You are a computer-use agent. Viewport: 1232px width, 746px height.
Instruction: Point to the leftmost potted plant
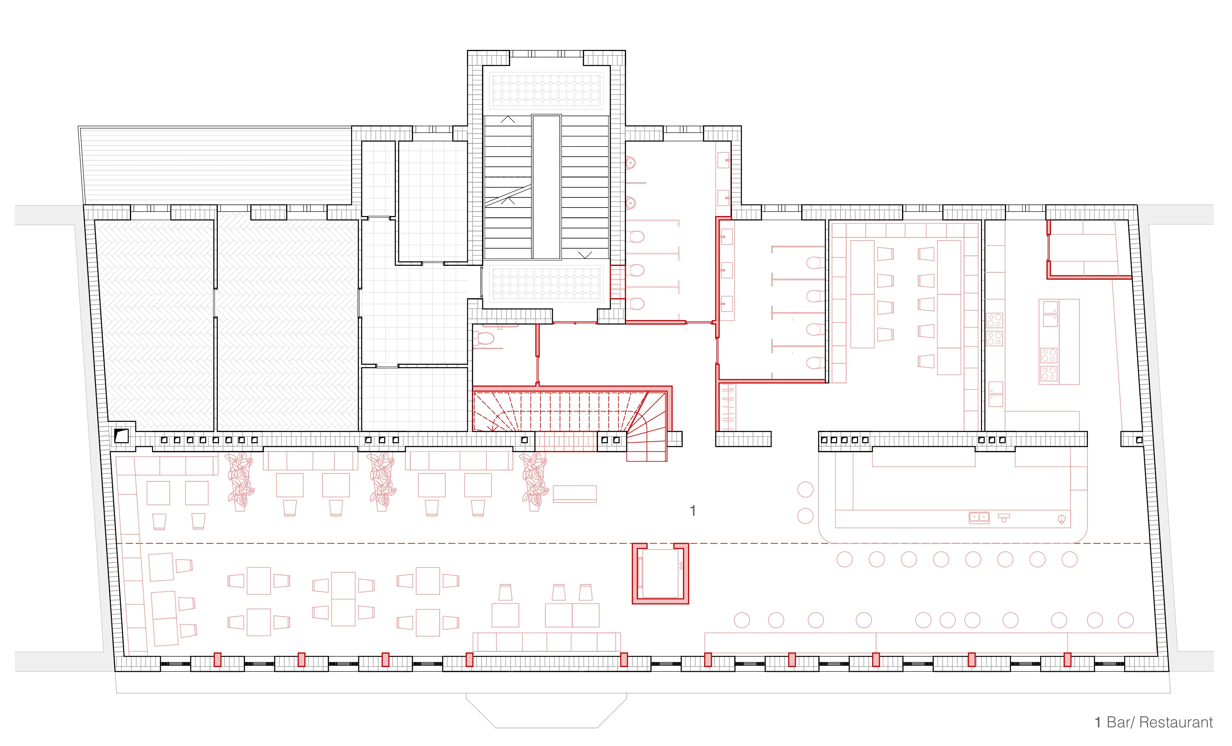click(240, 481)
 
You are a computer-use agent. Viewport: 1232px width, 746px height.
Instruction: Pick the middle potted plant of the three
click(382, 481)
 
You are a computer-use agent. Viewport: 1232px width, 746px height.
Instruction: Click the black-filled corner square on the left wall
click(121, 436)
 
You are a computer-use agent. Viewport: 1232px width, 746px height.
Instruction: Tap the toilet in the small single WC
click(484, 339)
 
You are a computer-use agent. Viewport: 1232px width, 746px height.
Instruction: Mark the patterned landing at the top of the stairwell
click(546, 90)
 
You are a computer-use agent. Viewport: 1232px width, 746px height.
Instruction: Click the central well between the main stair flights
click(546, 187)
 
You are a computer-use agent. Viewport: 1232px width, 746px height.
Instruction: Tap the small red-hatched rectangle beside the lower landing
click(618, 282)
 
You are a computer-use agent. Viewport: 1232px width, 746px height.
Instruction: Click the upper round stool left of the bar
click(805, 489)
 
